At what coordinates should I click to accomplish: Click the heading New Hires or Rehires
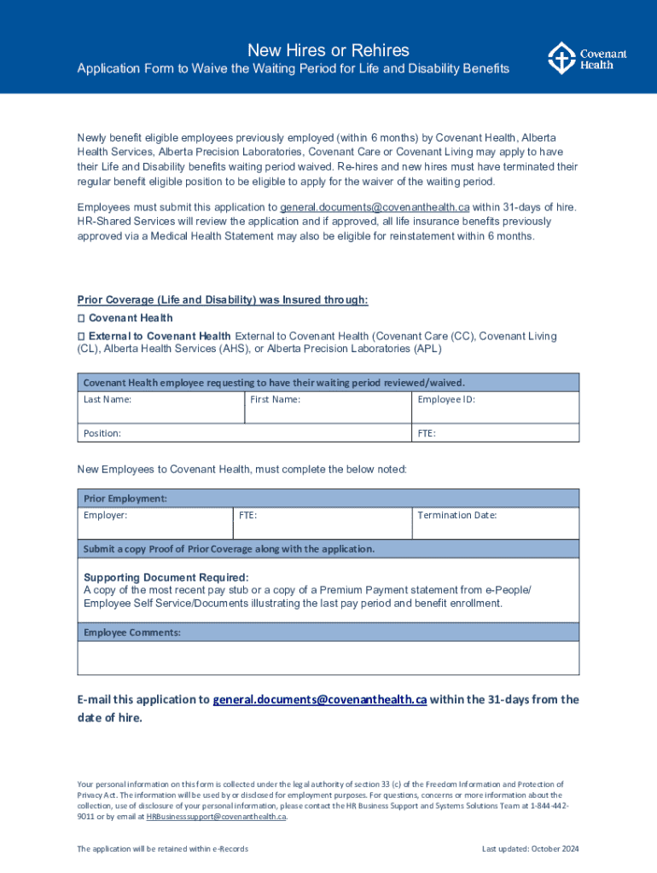pyautogui.click(x=328, y=50)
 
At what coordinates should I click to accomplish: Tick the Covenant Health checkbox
pyautogui.click(x=81, y=318)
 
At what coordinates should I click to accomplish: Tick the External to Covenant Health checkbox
pyautogui.click(x=81, y=336)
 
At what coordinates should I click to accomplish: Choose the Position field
pyautogui.click(x=244, y=433)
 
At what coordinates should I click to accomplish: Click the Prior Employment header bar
pyautogui.click(x=328, y=498)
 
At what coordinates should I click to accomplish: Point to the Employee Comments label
pyautogui.click(x=132, y=632)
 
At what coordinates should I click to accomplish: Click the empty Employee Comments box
pyautogui.click(x=328, y=657)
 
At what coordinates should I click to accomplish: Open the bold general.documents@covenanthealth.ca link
pyautogui.click(x=319, y=699)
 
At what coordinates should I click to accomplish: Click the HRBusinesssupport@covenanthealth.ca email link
pyautogui.click(x=216, y=817)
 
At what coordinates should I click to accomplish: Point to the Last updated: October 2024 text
pyautogui.click(x=530, y=849)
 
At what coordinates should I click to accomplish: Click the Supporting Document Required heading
pyautogui.click(x=166, y=577)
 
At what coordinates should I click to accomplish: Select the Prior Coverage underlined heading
pyautogui.click(x=223, y=299)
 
